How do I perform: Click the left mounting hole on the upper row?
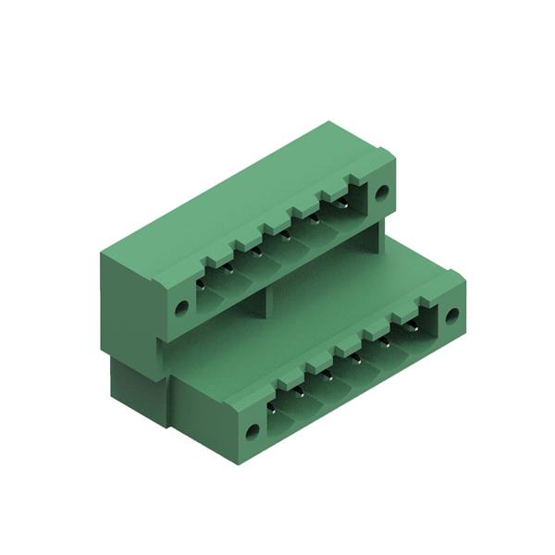point(181,307)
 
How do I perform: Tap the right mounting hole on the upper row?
point(381,192)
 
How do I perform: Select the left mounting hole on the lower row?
point(251,431)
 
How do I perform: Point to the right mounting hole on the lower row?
point(451,316)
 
